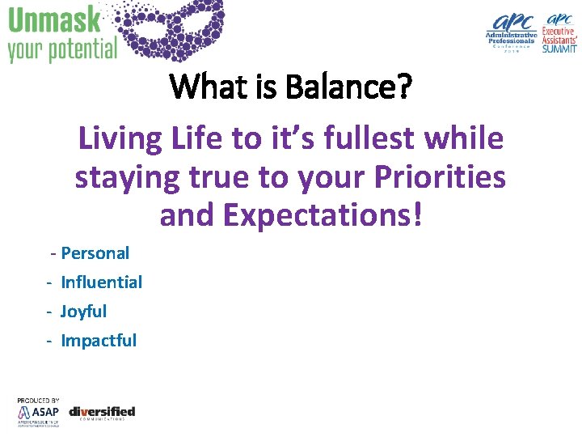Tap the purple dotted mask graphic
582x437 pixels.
173,29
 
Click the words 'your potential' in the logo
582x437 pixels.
62,49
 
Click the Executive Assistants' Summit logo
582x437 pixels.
561,32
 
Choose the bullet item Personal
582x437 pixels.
95,253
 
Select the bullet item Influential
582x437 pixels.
101,282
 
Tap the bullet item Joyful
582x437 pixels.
83,312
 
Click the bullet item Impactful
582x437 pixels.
99,341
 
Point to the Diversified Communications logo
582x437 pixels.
102,413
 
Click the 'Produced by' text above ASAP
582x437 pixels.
38,401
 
